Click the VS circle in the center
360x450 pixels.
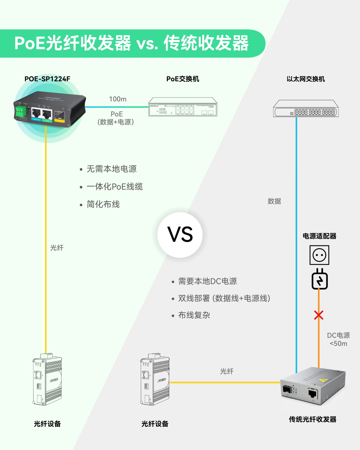pos(180,235)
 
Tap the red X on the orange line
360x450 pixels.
pos(319,315)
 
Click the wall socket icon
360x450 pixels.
pos(319,255)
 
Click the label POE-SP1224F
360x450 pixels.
pos(47,79)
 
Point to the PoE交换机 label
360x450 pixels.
pos(183,79)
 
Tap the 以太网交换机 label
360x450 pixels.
pos(306,79)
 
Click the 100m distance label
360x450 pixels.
pos(118,99)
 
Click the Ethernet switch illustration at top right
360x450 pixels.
pos(306,109)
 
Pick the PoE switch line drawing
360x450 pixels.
pos(183,107)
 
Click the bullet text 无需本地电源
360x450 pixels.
pos(112,169)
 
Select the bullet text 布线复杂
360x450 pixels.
pos(194,315)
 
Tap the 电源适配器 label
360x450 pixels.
pos(319,236)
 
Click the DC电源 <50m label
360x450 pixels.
pos(338,339)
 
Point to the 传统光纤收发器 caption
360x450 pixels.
pos(313,419)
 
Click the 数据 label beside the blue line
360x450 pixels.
pos(274,201)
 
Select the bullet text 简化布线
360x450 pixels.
pos(103,204)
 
